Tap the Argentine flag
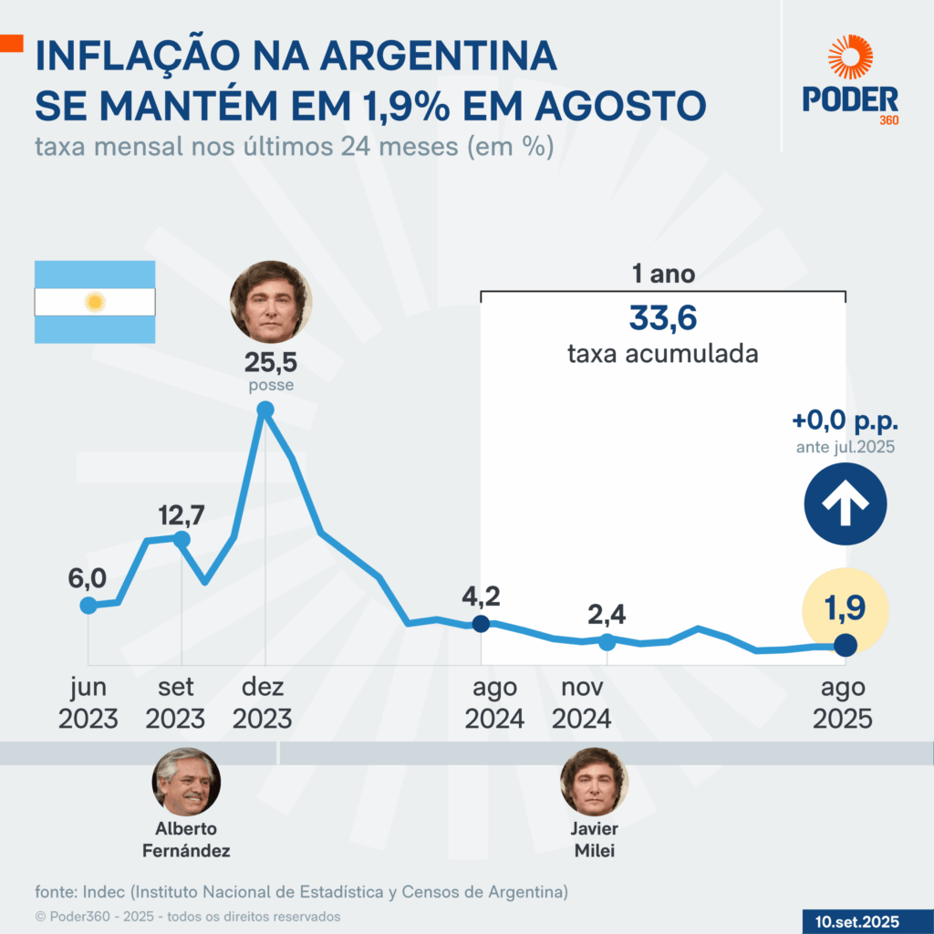[x=95, y=302]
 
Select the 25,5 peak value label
[x=270, y=363]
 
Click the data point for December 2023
[x=265, y=410]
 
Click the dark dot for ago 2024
[x=482, y=624]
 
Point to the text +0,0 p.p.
[x=845, y=421]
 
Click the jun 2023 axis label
[x=88, y=702]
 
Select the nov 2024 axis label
[x=580, y=702]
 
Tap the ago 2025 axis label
[x=843, y=702]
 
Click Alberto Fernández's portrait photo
[x=186, y=781]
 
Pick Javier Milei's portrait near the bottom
[x=595, y=781]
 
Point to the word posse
[x=270, y=386]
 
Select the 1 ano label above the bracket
[x=662, y=274]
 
